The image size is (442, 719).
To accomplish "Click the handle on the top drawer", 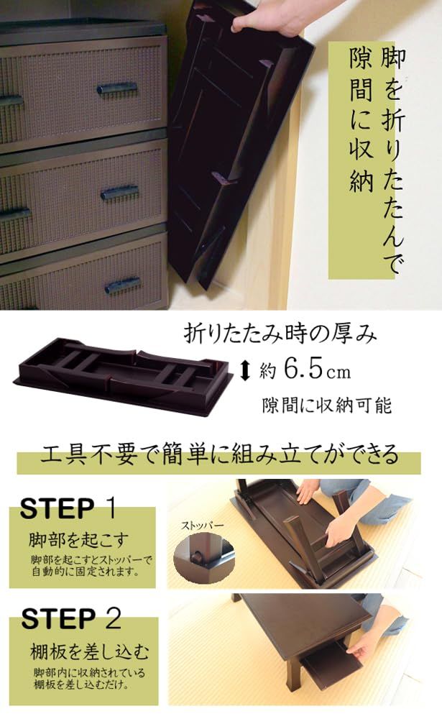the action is pos(117,88).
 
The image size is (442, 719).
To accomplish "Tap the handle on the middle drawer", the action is pos(120,193).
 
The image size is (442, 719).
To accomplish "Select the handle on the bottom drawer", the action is pos(123,285).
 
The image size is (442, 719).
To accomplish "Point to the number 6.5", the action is pos(303,369).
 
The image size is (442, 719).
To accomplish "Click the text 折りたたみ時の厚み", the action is pos(280,334).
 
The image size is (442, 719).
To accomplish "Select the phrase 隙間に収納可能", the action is pos(326,405).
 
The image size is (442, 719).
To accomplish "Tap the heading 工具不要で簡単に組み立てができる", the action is pos(219,455).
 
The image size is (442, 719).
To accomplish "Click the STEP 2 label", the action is pos(71,618).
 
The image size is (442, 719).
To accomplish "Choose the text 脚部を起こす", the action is pos(79,540).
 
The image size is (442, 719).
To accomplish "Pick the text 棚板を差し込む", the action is pos(90,651).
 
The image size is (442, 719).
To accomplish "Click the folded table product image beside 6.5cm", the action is pos(124,375).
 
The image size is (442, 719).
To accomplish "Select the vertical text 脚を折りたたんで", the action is pos(392,160).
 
